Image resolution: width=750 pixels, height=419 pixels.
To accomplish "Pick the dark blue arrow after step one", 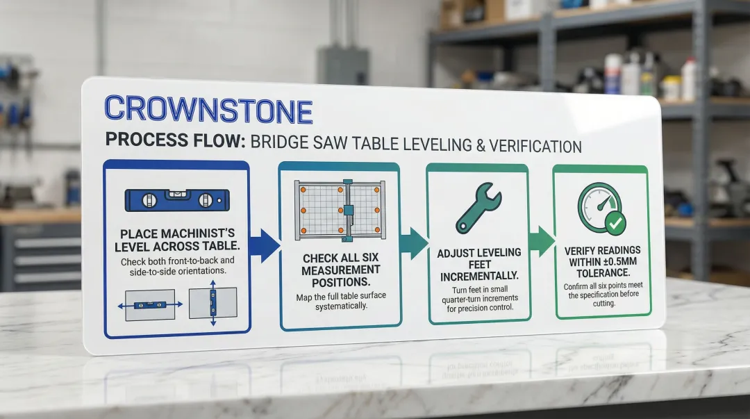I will [x=265, y=245].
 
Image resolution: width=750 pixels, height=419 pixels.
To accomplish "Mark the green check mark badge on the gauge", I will [x=615, y=223].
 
